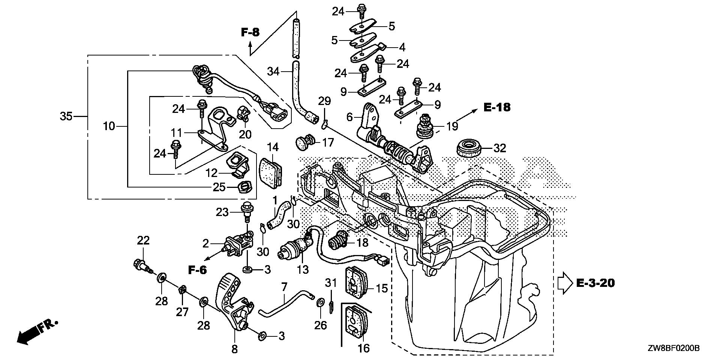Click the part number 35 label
[66, 117]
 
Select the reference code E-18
[497, 108]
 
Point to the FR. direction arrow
[32, 333]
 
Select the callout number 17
[328, 142]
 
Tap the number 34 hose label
[273, 70]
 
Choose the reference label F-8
[250, 33]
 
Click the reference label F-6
[197, 270]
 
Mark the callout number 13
[303, 269]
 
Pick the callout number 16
[364, 348]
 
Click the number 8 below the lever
[234, 349]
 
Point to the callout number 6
[349, 117]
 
